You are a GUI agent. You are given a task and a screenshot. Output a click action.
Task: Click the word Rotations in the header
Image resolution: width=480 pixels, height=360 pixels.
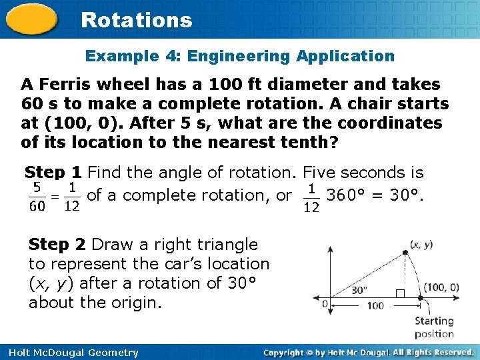[136, 20]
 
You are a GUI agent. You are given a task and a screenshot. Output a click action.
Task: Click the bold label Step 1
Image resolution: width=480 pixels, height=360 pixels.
[53, 173]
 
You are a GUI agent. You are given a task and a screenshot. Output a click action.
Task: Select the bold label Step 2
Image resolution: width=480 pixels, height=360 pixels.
[58, 245]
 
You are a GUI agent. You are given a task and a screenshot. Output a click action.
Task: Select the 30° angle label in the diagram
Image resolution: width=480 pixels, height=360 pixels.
[359, 290]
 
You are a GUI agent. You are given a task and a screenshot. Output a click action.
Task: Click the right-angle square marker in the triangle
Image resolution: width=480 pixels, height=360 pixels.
[400, 294]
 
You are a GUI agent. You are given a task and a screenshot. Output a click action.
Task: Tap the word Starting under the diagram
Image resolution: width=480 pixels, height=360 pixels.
[434, 321]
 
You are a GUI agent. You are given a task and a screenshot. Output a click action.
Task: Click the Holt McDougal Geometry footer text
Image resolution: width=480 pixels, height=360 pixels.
[69, 353]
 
